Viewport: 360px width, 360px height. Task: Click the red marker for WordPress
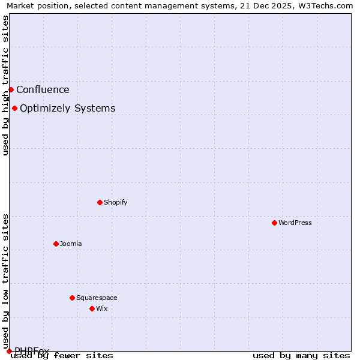(274, 223)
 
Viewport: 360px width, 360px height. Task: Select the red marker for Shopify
(100, 202)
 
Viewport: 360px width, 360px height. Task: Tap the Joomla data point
(56, 244)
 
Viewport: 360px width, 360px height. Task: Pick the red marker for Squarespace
(72, 298)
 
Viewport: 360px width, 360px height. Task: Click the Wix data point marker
(92, 308)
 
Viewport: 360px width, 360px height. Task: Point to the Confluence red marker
(11, 89)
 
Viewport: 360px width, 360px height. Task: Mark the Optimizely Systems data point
(14, 108)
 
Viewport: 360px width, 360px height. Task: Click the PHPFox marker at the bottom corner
(9, 350)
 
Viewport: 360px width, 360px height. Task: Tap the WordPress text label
(295, 223)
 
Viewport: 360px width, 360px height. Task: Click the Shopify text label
(116, 202)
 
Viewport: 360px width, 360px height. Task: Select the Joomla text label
(71, 244)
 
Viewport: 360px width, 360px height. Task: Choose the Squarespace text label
(97, 298)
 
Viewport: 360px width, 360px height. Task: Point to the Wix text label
(102, 308)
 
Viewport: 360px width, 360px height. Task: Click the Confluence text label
(43, 90)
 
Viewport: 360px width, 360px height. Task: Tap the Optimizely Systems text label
(68, 109)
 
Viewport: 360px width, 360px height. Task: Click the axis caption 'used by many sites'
(301, 355)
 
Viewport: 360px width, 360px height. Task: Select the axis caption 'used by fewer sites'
(62, 355)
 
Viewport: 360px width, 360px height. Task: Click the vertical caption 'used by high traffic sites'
(6, 85)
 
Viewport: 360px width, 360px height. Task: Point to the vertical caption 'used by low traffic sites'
(6, 277)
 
